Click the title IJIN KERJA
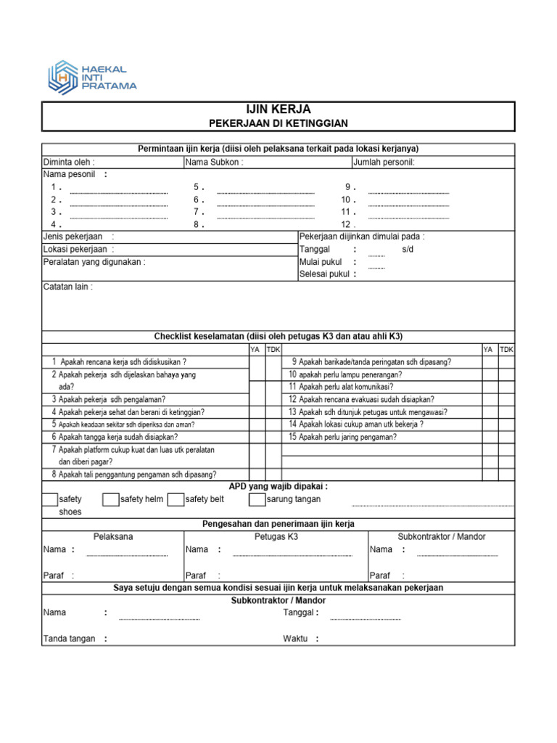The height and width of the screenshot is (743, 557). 278,110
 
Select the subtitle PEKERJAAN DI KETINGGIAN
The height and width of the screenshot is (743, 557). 278,123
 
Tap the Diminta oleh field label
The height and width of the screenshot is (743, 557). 69,162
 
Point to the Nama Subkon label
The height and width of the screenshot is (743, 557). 215,162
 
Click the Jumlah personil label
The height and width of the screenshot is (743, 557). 384,162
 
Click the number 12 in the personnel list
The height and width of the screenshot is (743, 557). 347,224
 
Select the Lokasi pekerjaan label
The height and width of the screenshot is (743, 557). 75,249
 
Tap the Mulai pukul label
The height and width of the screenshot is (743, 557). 321,262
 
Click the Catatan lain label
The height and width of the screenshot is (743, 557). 67,287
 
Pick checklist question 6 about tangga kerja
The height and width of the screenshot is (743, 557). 118,437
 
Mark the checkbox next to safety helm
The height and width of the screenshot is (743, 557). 111,499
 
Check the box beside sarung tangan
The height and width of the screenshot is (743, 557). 257,499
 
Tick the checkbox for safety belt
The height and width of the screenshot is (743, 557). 175,499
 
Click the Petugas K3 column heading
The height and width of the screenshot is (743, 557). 276,536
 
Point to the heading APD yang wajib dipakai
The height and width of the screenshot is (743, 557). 278,486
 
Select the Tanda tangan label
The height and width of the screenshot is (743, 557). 70,639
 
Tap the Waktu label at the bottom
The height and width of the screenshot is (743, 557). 295,639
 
